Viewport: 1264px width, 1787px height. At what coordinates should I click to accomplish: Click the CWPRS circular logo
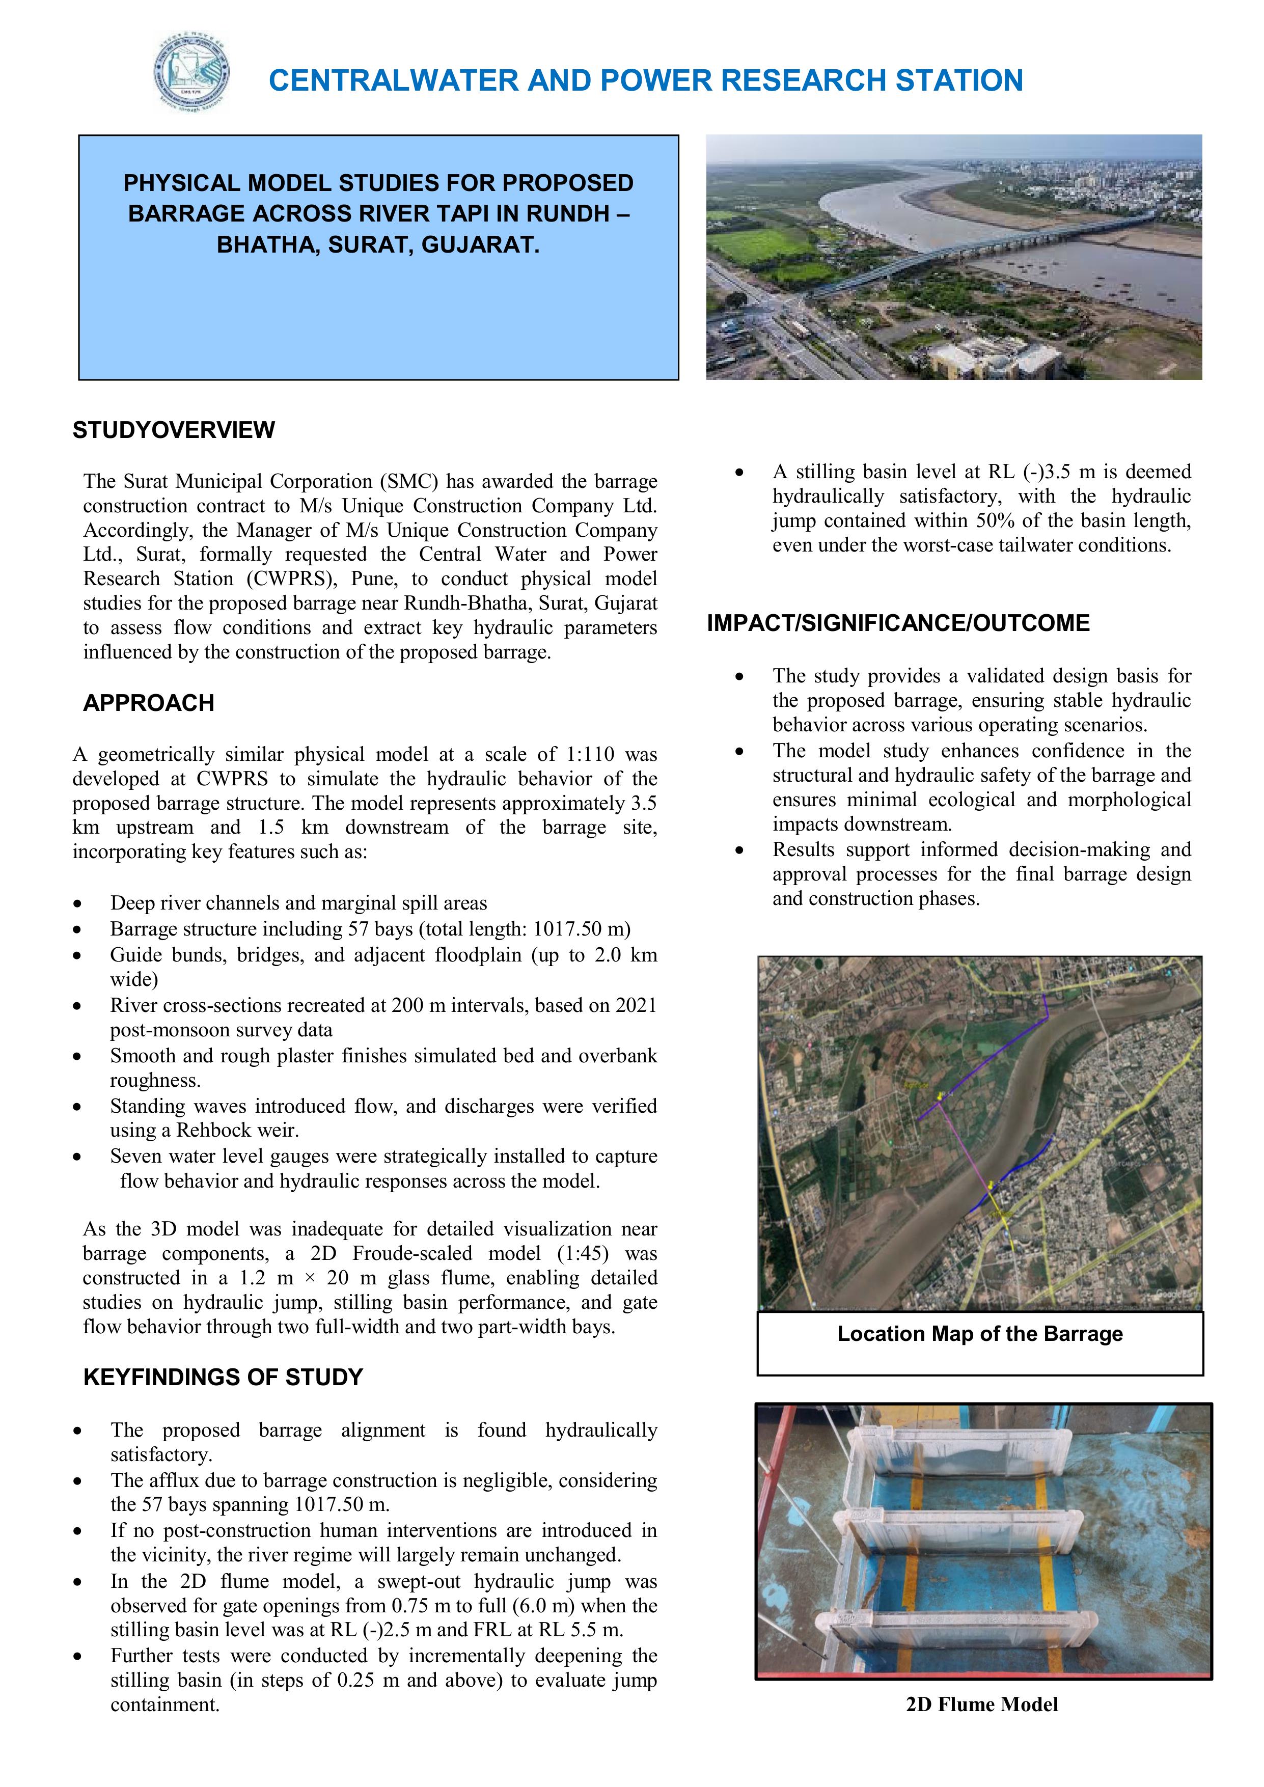tap(191, 74)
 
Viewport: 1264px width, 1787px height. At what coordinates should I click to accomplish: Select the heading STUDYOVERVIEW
tap(174, 430)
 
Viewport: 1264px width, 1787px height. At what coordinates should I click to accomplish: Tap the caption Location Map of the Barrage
tap(979, 1334)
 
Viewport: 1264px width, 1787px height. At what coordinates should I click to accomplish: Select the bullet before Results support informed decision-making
tap(739, 850)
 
